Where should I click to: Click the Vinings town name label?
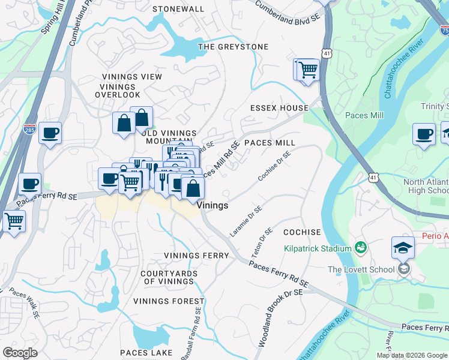click(213, 205)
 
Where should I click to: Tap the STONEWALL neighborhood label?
click(178, 10)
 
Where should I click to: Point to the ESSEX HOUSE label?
click(279, 108)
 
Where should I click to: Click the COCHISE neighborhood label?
click(302, 232)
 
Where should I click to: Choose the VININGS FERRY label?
click(197, 256)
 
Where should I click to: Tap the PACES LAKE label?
click(146, 353)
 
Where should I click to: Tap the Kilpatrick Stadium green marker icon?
click(361, 247)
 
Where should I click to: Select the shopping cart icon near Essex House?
click(307, 70)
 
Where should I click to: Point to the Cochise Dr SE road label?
click(274, 166)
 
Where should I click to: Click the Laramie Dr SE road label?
click(247, 221)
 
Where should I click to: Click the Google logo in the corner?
click(20, 353)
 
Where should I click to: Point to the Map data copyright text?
click(412, 355)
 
